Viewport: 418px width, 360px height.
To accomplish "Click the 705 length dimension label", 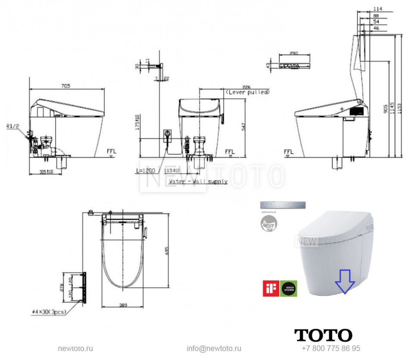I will point(65,86).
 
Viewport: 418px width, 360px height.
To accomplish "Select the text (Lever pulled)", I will point(247,92).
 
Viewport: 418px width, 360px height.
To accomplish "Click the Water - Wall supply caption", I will point(198,182).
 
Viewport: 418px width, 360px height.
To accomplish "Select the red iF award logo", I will point(271,288).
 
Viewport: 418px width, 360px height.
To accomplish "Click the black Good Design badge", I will point(289,288).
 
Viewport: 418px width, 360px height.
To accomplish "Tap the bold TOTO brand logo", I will point(323,335).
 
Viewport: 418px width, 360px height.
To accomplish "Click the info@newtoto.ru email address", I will point(214,348).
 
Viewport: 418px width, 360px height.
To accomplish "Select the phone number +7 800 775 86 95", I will point(331,348).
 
